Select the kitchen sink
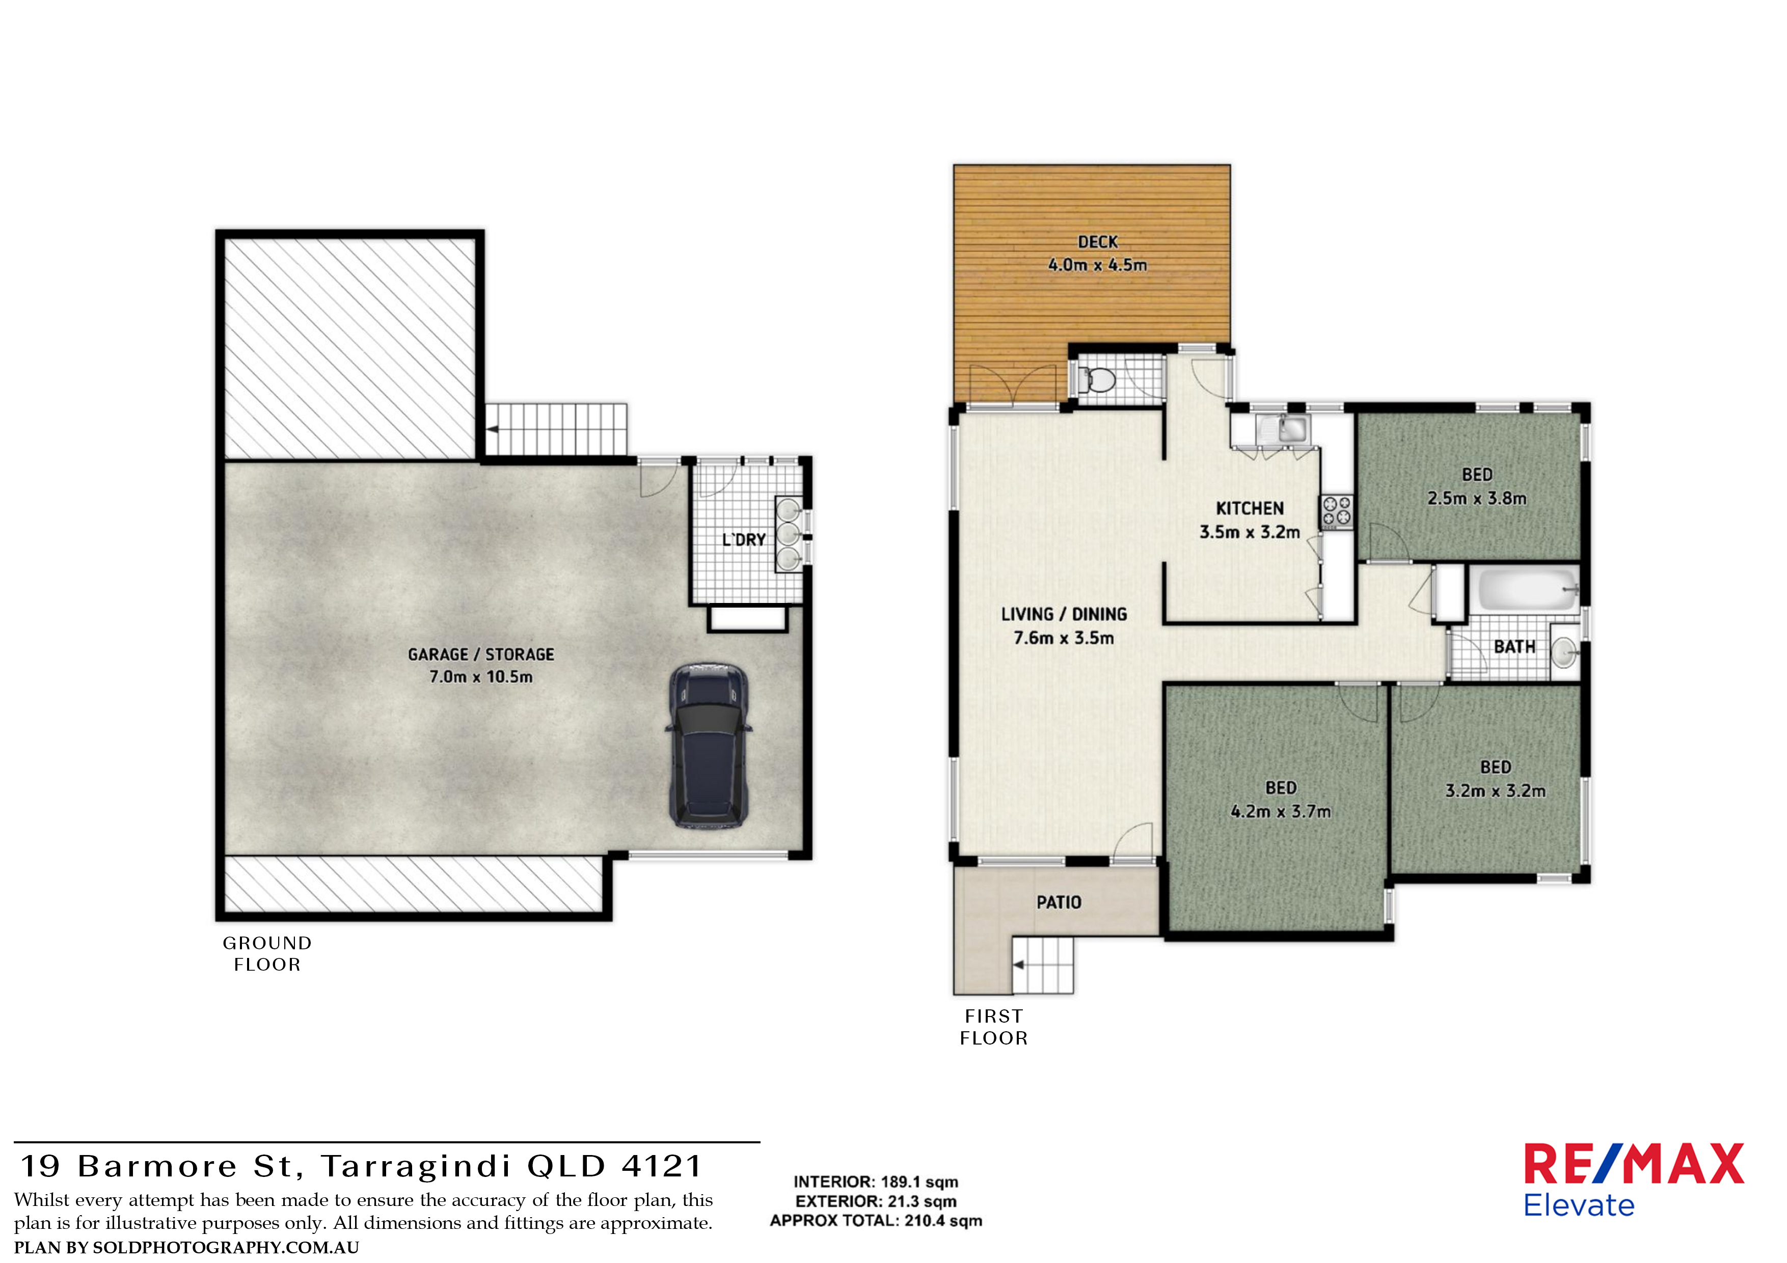(1283, 429)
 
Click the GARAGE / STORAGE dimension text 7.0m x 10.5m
(481, 677)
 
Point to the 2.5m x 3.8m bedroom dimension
(1476, 498)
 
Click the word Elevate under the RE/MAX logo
(1579, 1205)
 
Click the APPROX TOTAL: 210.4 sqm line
(876, 1220)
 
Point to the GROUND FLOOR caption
(267, 953)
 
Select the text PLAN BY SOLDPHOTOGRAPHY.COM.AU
(187, 1247)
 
